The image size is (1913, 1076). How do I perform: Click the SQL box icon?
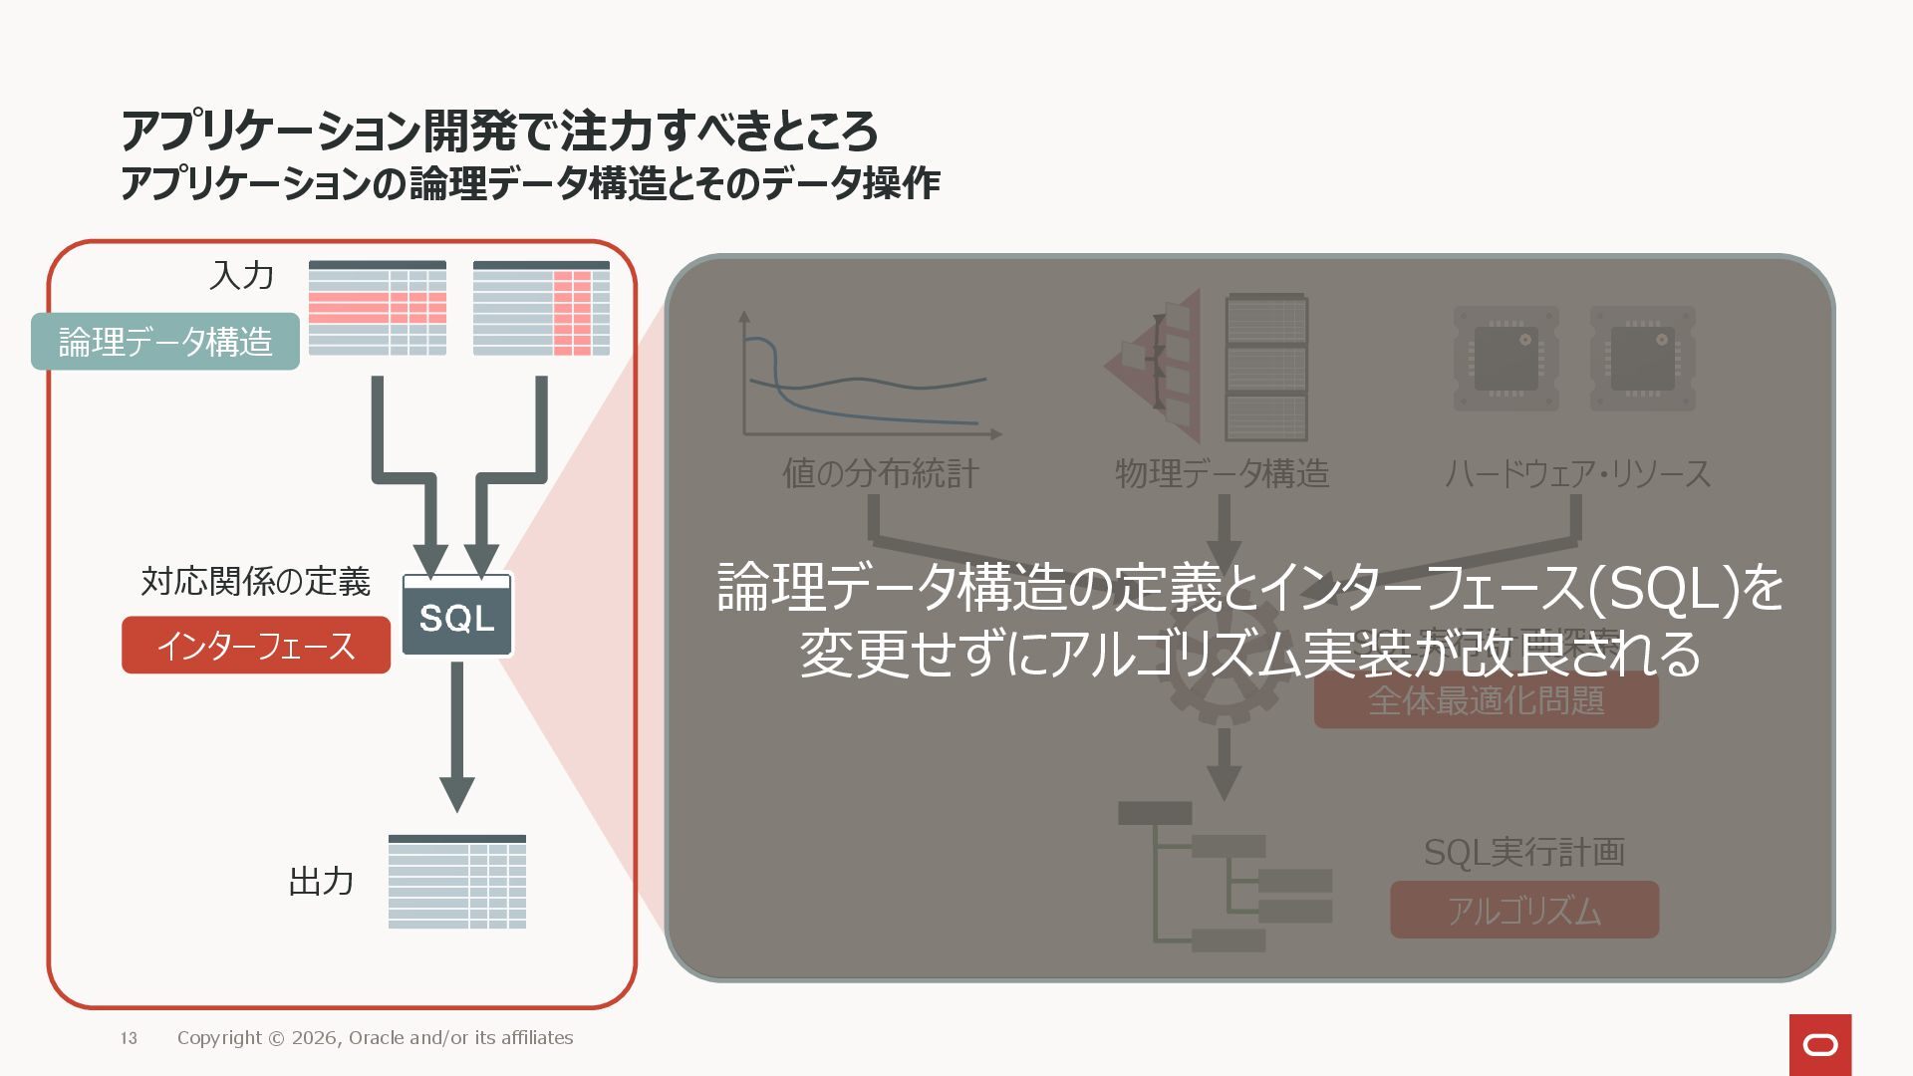(x=457, y=615)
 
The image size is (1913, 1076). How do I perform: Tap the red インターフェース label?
(x=256, y=646)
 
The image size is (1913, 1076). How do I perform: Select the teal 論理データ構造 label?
(x=165, y=342)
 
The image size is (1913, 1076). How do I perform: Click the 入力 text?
(x=241, y=276)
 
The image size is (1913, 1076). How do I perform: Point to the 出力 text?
(x=321, y=882)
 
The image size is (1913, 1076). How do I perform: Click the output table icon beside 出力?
(x=457, y=882)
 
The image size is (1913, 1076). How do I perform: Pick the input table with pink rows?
(x=378, y=308)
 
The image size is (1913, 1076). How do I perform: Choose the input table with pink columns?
(x=541, y=308)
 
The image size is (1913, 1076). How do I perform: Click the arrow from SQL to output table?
(x=457, y=737)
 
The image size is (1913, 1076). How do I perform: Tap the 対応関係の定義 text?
(x=256, y=581)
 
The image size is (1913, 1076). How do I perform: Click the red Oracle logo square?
(x=1820, y=1044)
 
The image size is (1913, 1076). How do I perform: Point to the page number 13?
(x=129, y=1038)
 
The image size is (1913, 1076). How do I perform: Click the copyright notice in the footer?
(x=375, y=1038)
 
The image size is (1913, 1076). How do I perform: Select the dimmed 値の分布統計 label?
(x=881, y=473)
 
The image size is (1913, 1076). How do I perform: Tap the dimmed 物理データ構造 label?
(x=1223, y=473)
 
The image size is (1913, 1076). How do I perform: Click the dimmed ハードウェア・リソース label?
(x=1577, y=473)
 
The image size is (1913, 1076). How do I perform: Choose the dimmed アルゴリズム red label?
(x=1524, y=911)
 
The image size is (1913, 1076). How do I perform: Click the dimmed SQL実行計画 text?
(x=1524, y=853)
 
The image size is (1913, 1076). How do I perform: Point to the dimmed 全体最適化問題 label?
(x=1487, y=701)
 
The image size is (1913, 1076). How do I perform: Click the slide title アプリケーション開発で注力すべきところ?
(x=499, y=131)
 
